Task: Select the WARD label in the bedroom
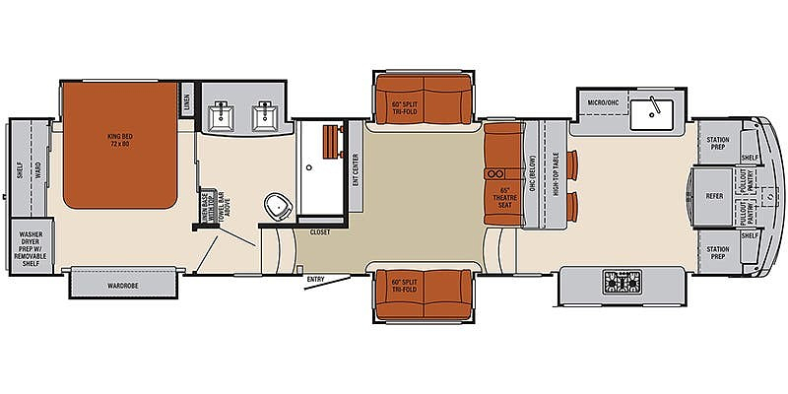[39, 155]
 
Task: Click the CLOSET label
[319, 232]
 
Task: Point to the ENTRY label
[315, 279]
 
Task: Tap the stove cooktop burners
[622, 286]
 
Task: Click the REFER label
[715, 196]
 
